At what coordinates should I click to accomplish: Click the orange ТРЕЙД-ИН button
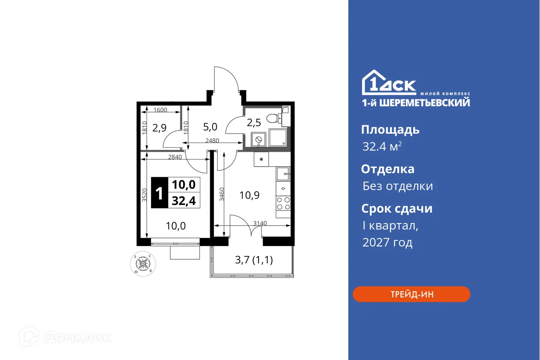411,294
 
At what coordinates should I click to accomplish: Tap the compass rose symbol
143,264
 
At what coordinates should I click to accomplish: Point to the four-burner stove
283,203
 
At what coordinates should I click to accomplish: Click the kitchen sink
283,174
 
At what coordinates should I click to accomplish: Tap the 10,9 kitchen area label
249,195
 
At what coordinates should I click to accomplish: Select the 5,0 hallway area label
210,127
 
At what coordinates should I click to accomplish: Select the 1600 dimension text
160,110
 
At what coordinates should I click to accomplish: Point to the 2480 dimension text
212,141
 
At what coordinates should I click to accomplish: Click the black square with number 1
159,193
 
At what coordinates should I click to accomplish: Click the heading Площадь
390,130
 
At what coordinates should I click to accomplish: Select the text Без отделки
398,186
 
